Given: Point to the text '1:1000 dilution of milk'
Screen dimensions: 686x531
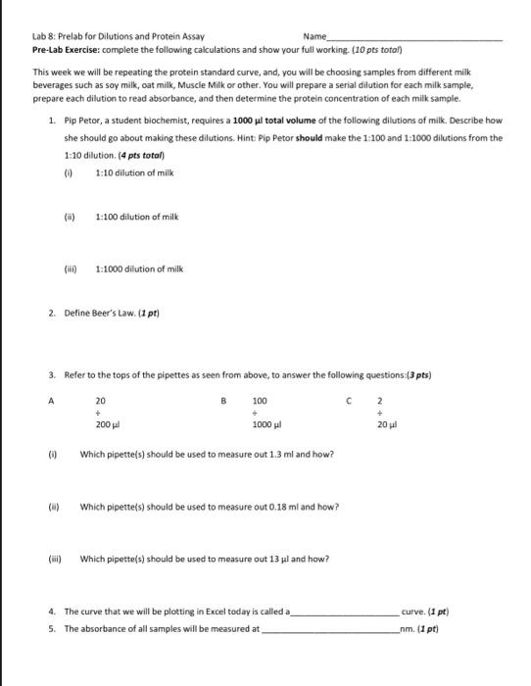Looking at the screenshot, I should pyautogui.click(x=138, y=269).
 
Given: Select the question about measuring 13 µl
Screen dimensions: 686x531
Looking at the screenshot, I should pyautogui.click(x=205, y=559).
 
